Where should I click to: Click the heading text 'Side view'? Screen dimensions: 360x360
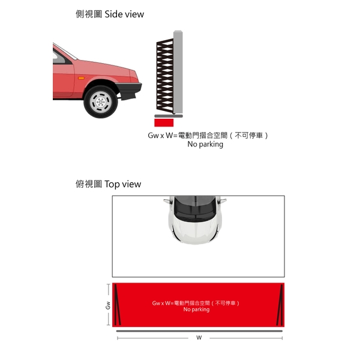click(x=124, y=14)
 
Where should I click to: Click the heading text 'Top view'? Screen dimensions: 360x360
click(x=122, y=184)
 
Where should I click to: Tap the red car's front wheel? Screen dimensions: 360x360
click(x=101, y=101)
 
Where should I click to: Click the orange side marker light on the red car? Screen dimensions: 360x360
click(x=81, y=78)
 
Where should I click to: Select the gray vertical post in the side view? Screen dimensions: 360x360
click(x=178, y=72)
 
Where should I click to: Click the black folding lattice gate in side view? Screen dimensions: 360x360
click(x=165, y=76)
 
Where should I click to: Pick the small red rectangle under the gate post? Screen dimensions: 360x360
click(x=164, y=122)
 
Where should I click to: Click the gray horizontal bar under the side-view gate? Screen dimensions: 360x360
click(x=169, y=116)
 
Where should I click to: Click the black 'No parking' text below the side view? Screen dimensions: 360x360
click(x=205, y=145)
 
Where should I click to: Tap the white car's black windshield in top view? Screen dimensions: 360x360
click(x=194, y=208)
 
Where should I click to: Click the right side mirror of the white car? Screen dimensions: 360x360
click(x=223, y=201)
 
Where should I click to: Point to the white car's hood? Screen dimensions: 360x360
click(x=194, y=231)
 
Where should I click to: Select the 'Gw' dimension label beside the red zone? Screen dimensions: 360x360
click(x=108, y=305)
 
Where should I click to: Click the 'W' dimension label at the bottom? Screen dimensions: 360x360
click(x=199, y=337)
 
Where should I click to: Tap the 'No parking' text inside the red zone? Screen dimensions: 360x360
click(x=197, y=310)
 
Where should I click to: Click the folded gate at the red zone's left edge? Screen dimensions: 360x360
click(x=118, y=305)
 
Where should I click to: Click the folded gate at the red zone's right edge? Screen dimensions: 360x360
click(x=280, y=305)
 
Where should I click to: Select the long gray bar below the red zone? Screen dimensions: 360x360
click(x=199, y=331)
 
